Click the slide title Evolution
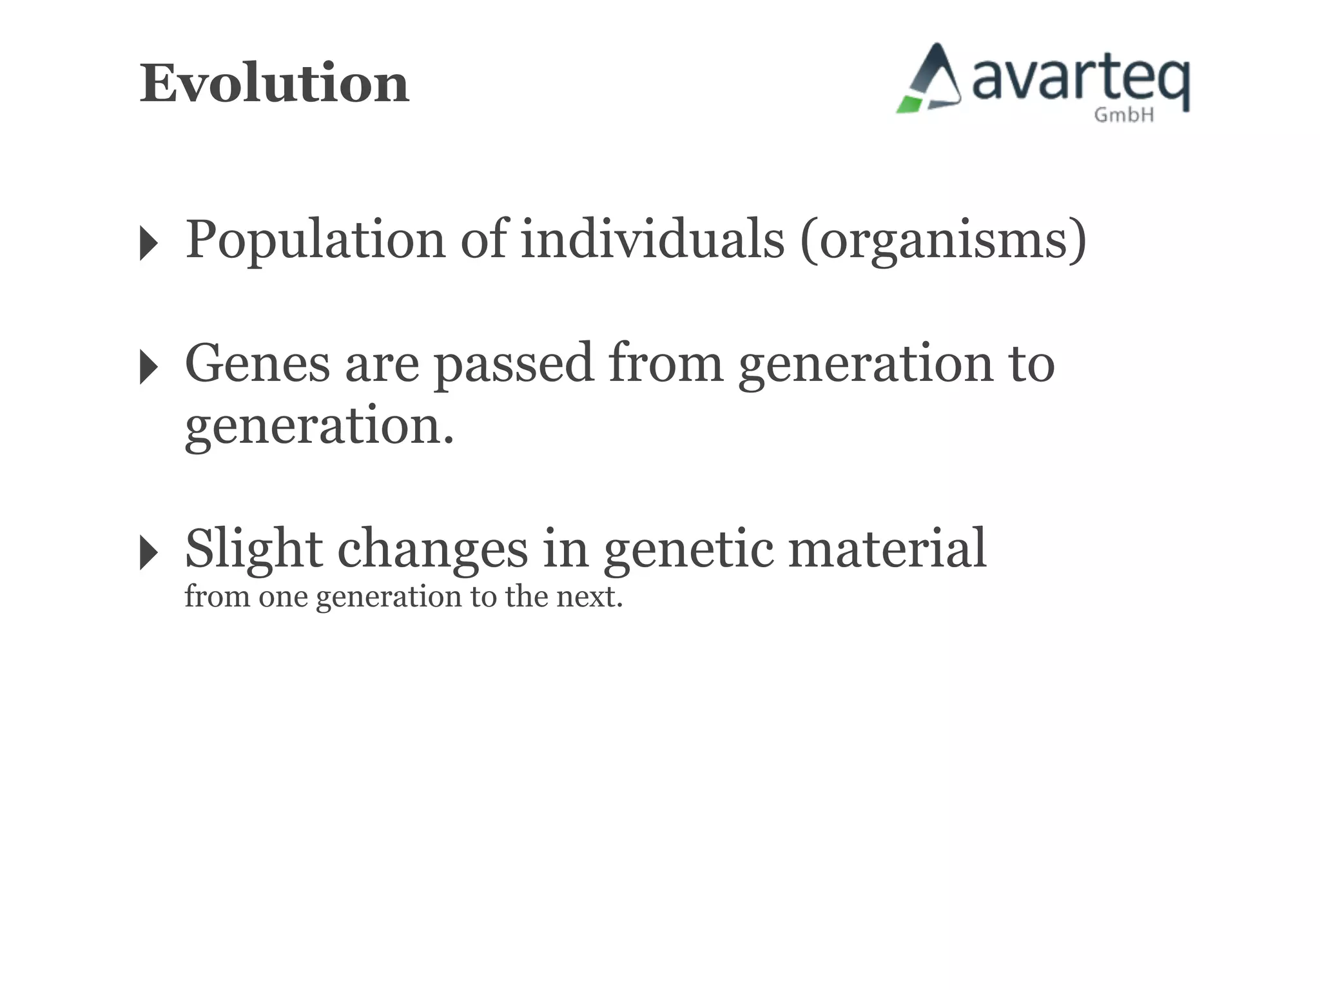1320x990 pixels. click(275, 84)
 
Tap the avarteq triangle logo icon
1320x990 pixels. click(930, 80)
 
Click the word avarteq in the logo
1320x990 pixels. click(1080, 81)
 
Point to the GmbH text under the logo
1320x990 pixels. click(1123, 115)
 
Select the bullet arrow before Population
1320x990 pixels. click(149, 244)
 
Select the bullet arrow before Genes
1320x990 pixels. click(149, 367)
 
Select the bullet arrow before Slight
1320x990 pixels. click(149, 552)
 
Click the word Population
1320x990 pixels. click(315, 240)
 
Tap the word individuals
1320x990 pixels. click(652, 240)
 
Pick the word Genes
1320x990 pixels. click(257, 364)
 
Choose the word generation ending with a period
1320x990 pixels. click(319, 427)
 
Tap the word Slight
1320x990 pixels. click(253, 549)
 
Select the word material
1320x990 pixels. click(887, 549)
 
